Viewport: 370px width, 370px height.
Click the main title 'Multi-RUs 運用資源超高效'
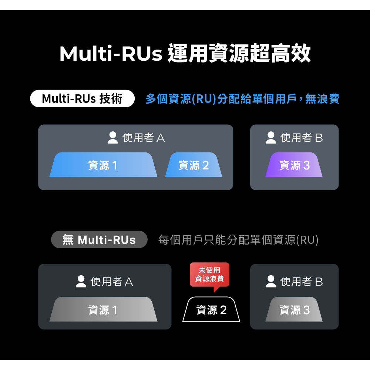pos(185,54)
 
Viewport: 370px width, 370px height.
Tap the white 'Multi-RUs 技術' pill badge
pos(82,99)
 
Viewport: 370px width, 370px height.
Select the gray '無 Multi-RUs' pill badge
pos(99,240)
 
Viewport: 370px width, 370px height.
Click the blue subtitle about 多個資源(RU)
pos(242,99)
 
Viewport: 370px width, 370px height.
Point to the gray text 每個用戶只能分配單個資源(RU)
pos(238,240)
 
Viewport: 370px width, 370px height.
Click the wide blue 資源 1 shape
pos(103,165)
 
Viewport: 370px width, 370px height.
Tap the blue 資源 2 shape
pos(194,165)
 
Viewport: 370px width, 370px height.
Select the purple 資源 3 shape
pos(294,165)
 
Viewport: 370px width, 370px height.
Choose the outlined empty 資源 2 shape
pos(211,310)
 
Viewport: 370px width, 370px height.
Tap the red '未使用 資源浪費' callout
pos(209,275)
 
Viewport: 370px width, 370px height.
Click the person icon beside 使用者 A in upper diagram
pos(113,138)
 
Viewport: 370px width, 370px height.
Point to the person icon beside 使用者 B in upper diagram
pos(271,138)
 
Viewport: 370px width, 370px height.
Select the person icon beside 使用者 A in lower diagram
pos(81,282)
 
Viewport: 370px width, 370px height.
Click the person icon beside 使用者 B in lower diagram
pos(271,282)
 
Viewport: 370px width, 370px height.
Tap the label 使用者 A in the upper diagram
pos(144,138)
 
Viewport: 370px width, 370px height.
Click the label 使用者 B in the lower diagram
pos(302,282)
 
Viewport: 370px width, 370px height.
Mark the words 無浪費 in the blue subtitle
pos(322,99)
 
